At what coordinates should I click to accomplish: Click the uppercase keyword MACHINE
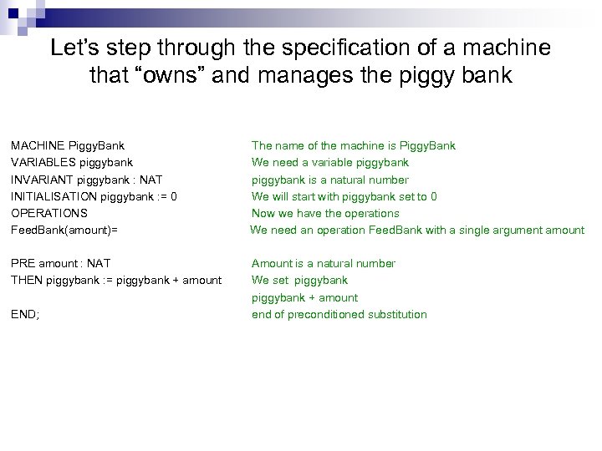point(37,145)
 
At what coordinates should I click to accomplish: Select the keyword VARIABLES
point(39,162)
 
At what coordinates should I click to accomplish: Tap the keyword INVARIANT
point(38,180)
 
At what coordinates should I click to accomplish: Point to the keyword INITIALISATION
point(53,196)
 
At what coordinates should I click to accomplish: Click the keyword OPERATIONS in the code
point(48,213)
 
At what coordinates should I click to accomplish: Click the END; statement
point(25,314)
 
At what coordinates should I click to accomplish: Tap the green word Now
point(264,213)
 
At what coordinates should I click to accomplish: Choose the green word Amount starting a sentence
point(272,263)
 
